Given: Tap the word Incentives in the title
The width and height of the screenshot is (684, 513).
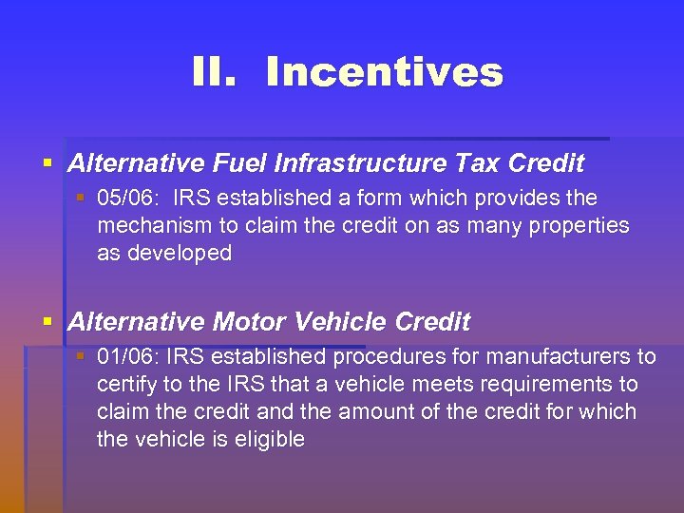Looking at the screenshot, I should (384, 72).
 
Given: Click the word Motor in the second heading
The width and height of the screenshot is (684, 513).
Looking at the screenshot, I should (250, 322).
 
